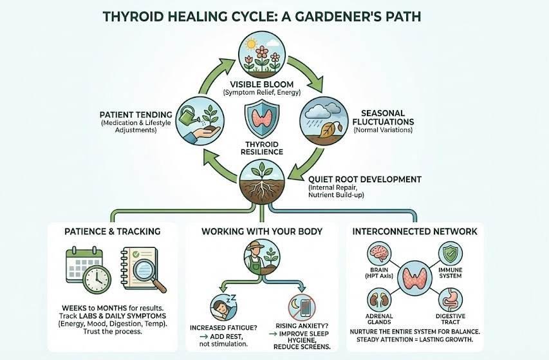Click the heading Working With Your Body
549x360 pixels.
click(x=263, y=231)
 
